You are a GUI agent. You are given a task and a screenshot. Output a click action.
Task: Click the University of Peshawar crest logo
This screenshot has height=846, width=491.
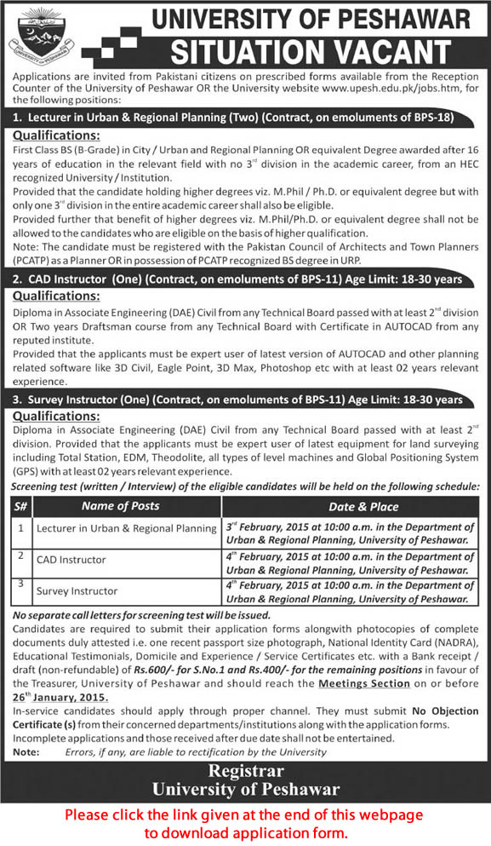pos(41,35)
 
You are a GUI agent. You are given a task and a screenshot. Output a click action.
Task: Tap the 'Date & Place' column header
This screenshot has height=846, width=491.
pos(352,506)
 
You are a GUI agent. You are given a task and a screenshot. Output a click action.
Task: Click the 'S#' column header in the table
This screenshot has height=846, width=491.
pos(19,506)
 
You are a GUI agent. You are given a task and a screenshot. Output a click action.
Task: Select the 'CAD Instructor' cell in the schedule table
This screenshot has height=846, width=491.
pos(71,560)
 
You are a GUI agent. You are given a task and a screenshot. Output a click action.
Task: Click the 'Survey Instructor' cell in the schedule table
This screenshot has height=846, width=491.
pos(77,590)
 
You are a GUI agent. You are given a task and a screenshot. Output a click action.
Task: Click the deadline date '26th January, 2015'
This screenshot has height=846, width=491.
pos(60,696)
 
